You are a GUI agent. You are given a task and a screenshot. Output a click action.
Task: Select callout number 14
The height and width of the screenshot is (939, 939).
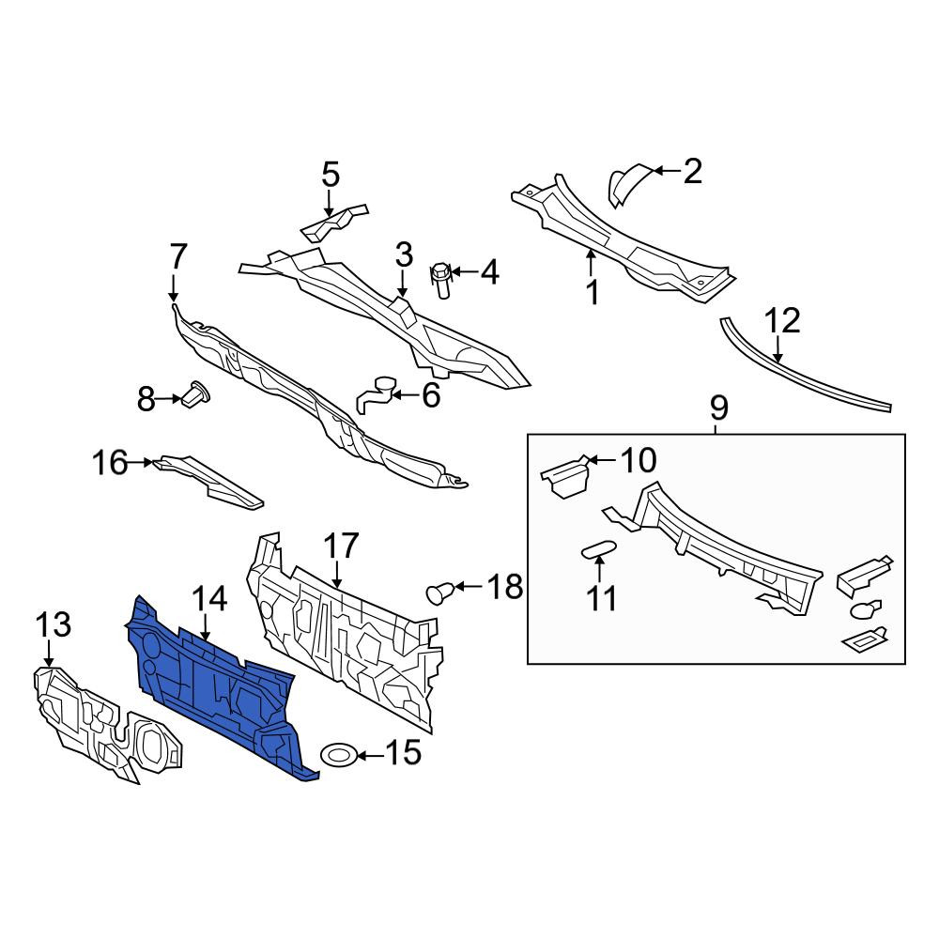pos(209,599)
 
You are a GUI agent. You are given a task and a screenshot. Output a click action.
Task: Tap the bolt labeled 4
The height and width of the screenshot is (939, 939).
pos(440,280)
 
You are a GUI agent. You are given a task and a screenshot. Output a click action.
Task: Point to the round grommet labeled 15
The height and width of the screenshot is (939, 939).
pos(340,755)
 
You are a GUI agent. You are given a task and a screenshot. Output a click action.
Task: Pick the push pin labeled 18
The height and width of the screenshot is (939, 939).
pos(439,593)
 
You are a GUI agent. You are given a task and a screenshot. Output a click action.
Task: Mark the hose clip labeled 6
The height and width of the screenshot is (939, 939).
pos(375,393)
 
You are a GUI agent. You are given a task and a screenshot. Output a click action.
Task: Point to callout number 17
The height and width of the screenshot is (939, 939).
pos(341,546)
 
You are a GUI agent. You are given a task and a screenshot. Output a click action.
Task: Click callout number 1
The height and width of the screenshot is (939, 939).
pos(593,293)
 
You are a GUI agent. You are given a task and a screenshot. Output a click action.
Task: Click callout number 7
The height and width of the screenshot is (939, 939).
pos(178,256)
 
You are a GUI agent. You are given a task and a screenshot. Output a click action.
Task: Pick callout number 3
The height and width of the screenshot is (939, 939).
pos(404,254)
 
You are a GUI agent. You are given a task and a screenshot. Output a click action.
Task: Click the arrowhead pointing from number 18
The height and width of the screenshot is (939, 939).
pos(459,586)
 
